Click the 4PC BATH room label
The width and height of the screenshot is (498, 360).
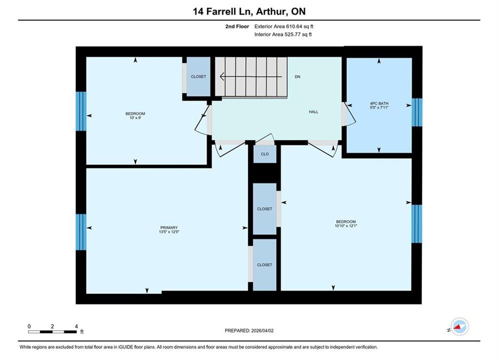click(x=379, y=103)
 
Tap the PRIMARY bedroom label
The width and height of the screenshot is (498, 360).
click(x=169, y=227)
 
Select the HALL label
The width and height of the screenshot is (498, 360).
click(x=313, y=111)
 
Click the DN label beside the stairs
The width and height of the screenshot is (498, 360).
click(x=297, y=77)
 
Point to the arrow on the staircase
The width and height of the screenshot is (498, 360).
click(x=251, y=77)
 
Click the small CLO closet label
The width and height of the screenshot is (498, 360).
click(x=265, y=154)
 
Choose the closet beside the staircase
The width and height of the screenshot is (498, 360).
click(x=199, y=76)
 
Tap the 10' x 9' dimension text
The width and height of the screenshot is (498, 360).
click(x=135, y=118)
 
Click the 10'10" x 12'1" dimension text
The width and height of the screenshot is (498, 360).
click(x=346, y=226)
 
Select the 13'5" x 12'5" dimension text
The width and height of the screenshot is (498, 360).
click(x=169, y=232)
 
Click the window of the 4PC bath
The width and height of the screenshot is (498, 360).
click(x=417, y=112)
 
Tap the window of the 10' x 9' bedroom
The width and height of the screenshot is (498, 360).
click(x=81, y=111)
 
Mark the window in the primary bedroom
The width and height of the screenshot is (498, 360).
click(x=81, y=232)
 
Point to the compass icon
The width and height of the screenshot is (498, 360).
click(x=459, y=326)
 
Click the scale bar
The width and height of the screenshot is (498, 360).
click(x=52, y=332)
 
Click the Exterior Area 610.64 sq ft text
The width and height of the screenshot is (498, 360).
click(x=284, y=26)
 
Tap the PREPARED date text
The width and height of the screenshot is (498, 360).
click(x=249, y=330)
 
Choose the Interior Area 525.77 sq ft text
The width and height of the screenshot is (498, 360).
click(x=283, y=34)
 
